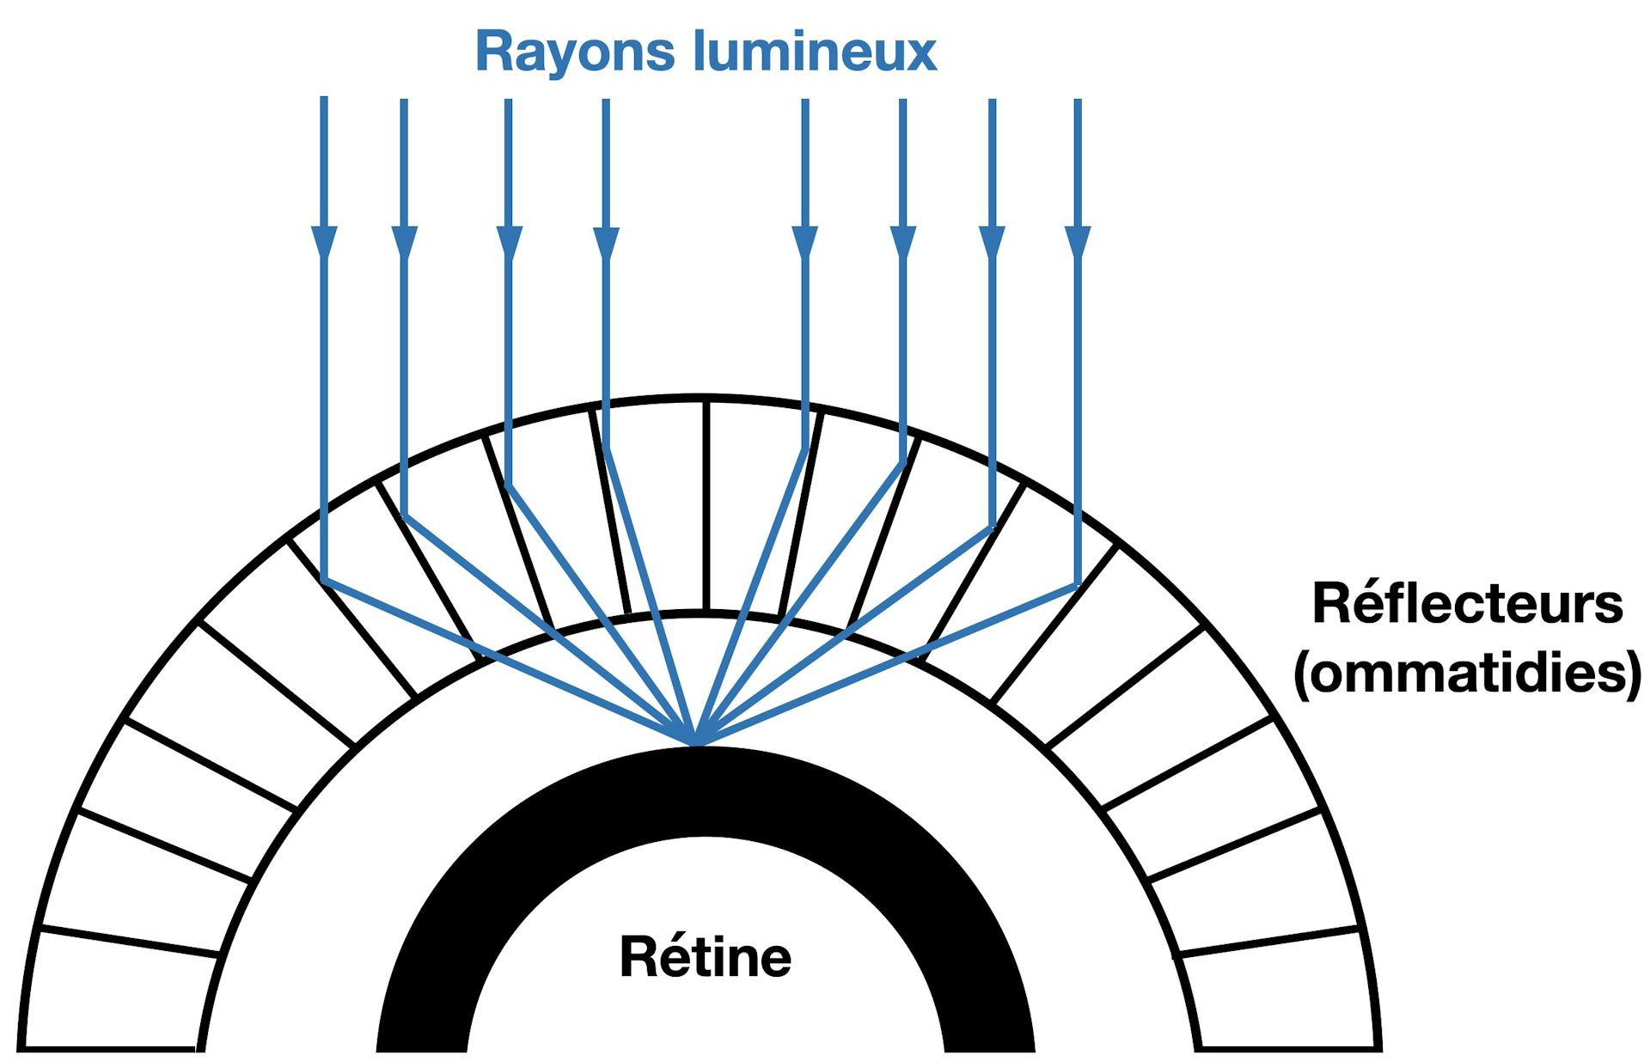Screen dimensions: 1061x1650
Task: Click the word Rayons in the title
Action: tap(575, 52)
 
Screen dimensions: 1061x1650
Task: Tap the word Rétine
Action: tap(705, 957)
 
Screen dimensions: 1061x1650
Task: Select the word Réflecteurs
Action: tap(1467, 604)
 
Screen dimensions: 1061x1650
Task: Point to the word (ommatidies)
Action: tap(1467, 674)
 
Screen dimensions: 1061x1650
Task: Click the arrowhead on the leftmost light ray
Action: tap(324, 241)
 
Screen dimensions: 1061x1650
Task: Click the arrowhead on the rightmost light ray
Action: tap(1078, 241)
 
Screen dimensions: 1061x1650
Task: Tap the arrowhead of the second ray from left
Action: tap(404, 241)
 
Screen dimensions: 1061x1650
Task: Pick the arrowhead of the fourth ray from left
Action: tap(606, 241)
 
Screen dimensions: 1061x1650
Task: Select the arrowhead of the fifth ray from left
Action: tap(804, 241)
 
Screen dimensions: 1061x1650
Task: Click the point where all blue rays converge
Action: tap(698, 742)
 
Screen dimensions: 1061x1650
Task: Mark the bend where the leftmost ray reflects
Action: tap(325, 580)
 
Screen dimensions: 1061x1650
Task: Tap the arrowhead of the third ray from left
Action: tap(509, 241)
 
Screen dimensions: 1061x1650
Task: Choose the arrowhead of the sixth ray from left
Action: tap(902, 241)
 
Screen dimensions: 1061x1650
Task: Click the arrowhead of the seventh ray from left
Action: tap(993, 241)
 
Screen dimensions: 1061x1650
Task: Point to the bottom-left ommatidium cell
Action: tap(116, 997)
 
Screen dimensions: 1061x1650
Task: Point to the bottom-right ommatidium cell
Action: tap(1280, 997)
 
